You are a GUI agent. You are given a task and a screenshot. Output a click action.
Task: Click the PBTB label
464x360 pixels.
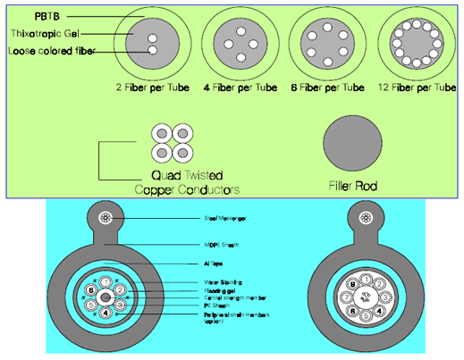click(x=25, y=16)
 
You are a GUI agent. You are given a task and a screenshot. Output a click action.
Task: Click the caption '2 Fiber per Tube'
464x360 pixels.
click(x=150, y=88)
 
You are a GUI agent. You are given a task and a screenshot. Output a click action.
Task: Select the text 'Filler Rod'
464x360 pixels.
click(x=355, y=188)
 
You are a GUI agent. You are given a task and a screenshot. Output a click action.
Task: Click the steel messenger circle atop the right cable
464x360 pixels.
click(x=363, y=217)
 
